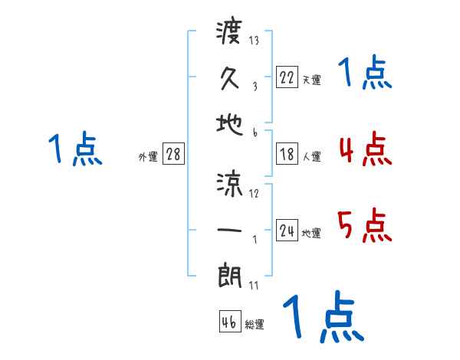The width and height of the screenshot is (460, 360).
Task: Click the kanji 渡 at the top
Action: coord(230,33)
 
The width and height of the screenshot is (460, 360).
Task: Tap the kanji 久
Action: coord(230,78)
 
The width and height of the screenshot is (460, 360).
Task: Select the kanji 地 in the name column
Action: coord(230,125)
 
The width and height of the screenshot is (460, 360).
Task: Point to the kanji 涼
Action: coord(230,184)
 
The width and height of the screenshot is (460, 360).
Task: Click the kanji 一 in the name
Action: coord(230,231)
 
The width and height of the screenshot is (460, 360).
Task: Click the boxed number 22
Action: coord(287,77)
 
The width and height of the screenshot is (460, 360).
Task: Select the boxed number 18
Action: coord(287,154)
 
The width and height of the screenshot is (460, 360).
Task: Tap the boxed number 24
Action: coord(287,231)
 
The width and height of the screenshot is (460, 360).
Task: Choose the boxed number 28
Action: coord(173,154)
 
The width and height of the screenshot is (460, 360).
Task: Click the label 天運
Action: coord(311,80)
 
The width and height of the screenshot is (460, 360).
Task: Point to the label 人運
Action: coord(311,157)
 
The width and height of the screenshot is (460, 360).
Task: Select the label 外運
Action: coord(148,157)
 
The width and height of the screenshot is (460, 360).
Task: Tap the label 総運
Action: coord(255,324)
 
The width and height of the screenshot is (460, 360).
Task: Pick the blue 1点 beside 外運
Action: coord(75,149)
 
